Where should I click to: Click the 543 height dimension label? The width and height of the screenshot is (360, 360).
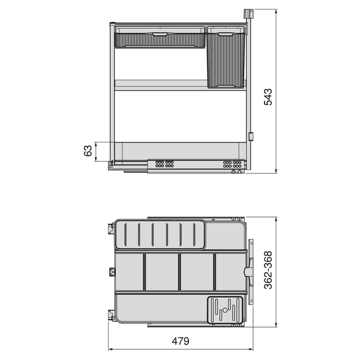pos(268,97)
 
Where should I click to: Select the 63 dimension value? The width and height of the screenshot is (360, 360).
pos(88,151)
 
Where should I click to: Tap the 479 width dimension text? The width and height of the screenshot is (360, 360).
pos(180,341)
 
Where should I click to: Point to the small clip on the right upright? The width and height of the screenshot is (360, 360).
pos(251,137)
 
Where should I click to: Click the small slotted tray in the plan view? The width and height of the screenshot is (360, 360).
pos(225,310)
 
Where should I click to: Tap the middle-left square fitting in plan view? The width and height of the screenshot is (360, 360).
pos(111,272)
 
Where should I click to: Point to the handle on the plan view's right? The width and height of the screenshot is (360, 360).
pos(250,272)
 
